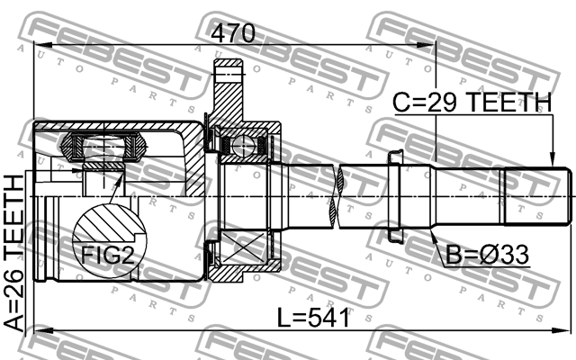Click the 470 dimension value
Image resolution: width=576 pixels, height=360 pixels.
coord(233,33)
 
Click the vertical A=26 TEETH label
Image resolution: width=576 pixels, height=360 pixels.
coord(15,253)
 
